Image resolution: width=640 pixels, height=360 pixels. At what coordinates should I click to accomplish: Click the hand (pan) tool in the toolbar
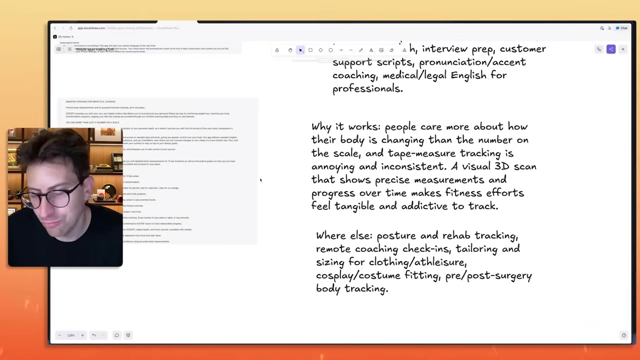[290, 50]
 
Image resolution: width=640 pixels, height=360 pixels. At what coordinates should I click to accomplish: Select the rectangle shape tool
[310, 50]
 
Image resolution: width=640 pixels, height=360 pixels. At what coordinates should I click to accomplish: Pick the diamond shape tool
[320, 50]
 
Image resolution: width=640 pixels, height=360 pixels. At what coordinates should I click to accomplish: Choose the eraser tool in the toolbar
[391, 50]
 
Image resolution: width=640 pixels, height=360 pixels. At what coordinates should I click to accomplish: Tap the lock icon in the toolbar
[277, 50]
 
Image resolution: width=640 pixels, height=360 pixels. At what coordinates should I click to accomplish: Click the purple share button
[611, 49]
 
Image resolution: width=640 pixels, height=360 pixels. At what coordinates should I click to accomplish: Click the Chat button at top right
[622, 28]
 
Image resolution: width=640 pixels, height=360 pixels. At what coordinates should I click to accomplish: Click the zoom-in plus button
[82, 335]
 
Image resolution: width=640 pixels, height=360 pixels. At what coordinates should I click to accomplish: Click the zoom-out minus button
[59, 335]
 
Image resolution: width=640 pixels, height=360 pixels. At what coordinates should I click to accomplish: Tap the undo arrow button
[93, 335]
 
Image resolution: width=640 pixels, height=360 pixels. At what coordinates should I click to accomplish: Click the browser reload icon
[71, 28]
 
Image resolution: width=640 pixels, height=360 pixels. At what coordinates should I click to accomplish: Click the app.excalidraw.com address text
[91, 28]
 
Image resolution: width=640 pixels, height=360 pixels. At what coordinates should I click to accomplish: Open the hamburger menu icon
[69, 49]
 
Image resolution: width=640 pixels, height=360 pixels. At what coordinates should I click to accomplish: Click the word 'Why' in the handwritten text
[320, 127]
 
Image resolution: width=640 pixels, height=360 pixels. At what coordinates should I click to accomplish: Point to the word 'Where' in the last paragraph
[330, 235]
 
